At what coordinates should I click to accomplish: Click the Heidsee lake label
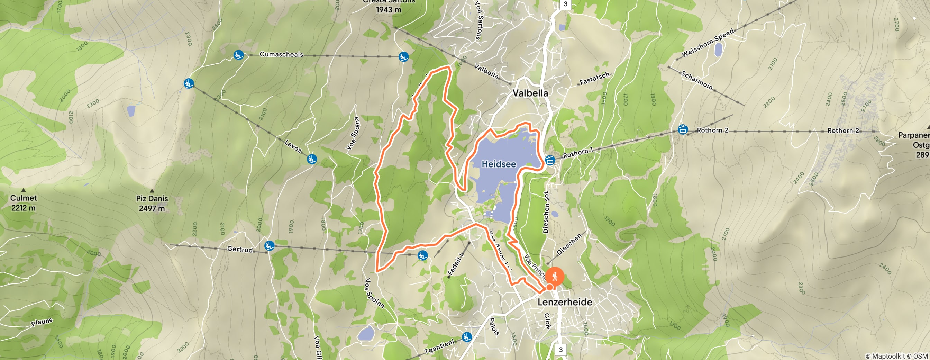pyautogui.click(x=499, y=164)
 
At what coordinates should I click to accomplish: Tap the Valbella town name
pyautogui.click(x=530, y=93)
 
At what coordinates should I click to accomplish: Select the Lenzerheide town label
pyautogui.click(x=565, y=302)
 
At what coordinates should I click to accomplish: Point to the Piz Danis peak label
pyautogui.click(x=152, y=203)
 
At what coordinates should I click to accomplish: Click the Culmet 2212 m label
pyautogui.click(x=24, y=202)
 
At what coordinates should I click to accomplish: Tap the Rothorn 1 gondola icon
pyautogui.click(x=550, y=160)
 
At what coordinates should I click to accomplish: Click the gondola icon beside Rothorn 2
pyautogui.click(x=682, y=129)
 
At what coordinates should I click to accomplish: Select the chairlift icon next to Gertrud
pyautogui.click(x=269, y=246)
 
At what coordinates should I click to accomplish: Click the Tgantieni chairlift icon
pyautogui.click(x=467, y=337)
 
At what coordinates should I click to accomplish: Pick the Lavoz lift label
pyautogui.click(x=293, y=146)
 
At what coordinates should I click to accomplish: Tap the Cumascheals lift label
pyautogui.click(x=281, y=55)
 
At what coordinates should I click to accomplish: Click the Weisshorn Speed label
pyautogui.click(x=708, y=43)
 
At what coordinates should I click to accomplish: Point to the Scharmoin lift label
pyautogui.click(x=697, y=81)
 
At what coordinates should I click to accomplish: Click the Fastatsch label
pyautogui.click(x=594, y=79)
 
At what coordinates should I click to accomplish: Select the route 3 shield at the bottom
pyautogui.click(x=561, y=350)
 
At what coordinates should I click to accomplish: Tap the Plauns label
pyautogui.click(x=42, y=322)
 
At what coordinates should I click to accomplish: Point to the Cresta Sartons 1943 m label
pyautogui.click(x=389, y=6)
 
